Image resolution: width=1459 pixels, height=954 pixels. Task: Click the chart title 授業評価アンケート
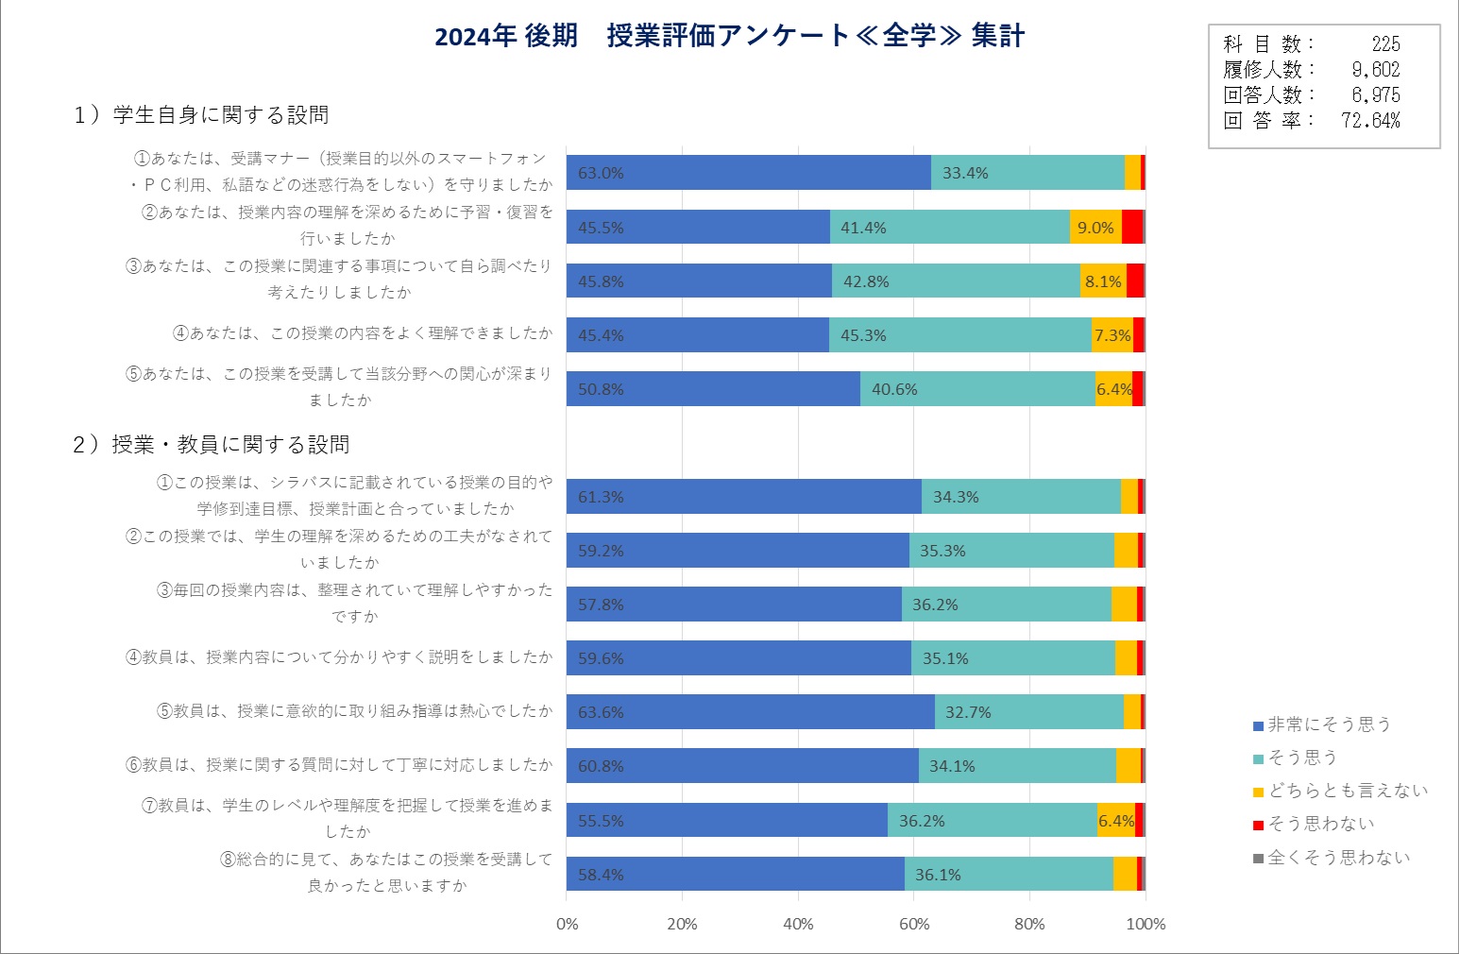coord(729,37)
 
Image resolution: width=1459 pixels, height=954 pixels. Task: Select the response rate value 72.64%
coord(1370,121)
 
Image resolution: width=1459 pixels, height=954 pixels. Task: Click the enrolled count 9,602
coord(1376,70)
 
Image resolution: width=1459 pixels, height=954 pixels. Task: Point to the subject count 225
coord(1385,44)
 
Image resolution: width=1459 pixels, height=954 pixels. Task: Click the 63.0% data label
coord(601,173)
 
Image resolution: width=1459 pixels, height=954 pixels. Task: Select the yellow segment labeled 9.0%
coord(1095,228)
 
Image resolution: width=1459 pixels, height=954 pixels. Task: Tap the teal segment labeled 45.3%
coord(959,335)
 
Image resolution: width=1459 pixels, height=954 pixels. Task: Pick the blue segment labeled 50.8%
coord(713,389)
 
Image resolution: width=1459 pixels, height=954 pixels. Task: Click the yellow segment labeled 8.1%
coord(1103,281)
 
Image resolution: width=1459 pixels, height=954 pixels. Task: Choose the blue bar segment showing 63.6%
coord(750,712)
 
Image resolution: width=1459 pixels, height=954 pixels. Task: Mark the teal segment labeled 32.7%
coord(1028,712)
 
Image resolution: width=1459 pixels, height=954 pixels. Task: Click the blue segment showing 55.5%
coord(726,821)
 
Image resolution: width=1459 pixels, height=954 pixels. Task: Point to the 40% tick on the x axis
coord(798,924)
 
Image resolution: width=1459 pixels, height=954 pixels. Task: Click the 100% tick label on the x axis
coord(1145,924)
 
